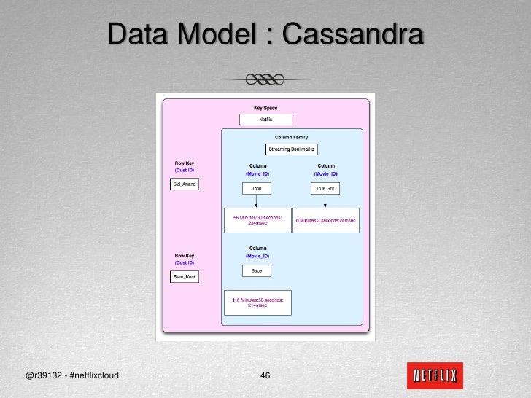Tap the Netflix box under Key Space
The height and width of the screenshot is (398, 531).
265,120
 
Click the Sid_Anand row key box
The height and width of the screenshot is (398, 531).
184,184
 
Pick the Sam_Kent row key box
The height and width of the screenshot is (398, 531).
184,277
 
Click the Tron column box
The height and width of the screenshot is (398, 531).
257,188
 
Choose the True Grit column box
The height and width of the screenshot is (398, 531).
326,188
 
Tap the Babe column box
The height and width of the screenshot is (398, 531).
257,270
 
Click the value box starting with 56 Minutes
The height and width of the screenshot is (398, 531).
257,220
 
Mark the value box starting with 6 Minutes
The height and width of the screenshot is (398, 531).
326,220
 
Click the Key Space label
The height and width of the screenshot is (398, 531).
265,108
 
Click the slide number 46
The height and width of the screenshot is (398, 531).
265,376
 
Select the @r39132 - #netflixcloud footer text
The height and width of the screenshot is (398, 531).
72,376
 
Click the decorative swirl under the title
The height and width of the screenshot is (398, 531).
265,78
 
